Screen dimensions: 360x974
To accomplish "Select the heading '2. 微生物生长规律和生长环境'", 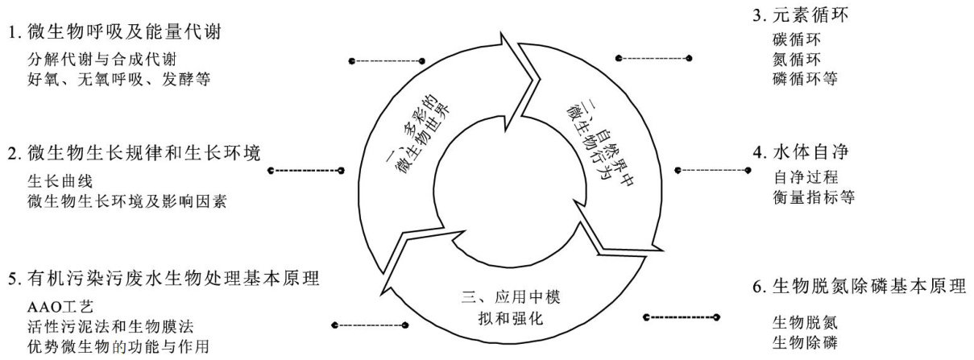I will point(137,153).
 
